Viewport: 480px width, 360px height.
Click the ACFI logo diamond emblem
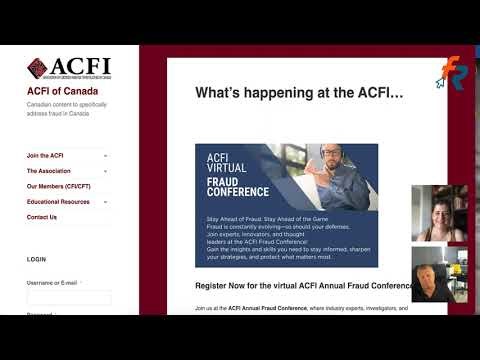(x=37, y=68)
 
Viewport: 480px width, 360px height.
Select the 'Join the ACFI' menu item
(x=45, y=156)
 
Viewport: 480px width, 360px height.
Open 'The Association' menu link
(x=49, y=171)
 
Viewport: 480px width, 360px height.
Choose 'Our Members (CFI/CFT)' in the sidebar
(x=59, y=186)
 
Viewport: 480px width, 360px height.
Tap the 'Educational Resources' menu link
(x=58, y=202)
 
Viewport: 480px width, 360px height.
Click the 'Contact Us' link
(x=42, y=217)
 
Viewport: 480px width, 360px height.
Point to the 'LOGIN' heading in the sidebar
(x=36, y=259)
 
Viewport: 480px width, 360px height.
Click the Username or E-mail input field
(x=69, y=297)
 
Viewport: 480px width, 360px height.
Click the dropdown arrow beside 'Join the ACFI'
(x=106, y=156)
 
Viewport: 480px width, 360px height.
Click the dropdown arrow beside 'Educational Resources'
(x=106, y=202)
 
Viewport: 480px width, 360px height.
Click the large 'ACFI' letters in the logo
(x=80, y=67)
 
